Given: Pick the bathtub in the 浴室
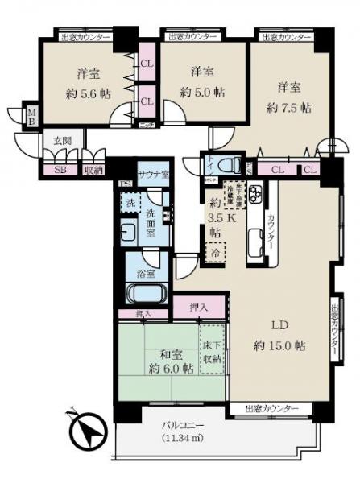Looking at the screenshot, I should pyautogui.click(x=147, y=292).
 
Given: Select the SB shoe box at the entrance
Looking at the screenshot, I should pyautogui.click(x=59, y=170).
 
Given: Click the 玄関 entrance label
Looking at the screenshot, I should pyautogui.click(x=63, y=141).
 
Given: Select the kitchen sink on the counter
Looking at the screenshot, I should pyautogui.click(x=254, y=239).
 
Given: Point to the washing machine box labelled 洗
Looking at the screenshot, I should pyautogui.click(x=129, y=203).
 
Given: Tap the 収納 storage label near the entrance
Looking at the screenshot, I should pyautogui.click(x=93, y=170).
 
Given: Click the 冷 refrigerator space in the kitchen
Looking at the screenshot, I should pyautogui.click(x=215, y=253).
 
